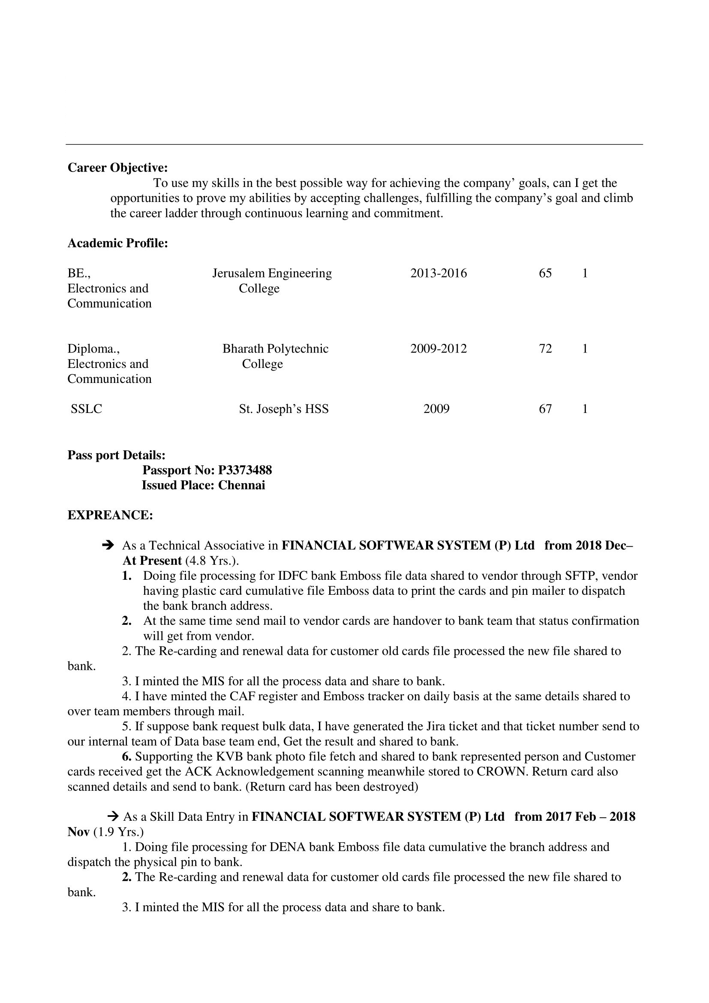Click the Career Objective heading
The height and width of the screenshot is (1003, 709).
coord(117,168)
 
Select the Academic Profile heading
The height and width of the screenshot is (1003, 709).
coord(117,243)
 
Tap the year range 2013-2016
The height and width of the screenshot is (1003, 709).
coord(439,274)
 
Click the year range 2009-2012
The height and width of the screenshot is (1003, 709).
coord(439,349)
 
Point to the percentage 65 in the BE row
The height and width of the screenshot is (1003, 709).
coord(545,274)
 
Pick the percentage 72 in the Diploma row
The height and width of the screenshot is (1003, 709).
coord(545,349)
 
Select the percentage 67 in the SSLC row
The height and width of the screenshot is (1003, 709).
coord(545,410)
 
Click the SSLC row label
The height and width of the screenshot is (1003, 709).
coord(87,410)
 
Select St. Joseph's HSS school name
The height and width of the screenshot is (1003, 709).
coord(284,410)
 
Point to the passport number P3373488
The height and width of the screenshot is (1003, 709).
coord(245,470)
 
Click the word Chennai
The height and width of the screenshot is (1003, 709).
coord(241,486)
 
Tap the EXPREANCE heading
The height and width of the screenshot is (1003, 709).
coord(110,516)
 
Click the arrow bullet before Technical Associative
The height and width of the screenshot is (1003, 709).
coord(108,545)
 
